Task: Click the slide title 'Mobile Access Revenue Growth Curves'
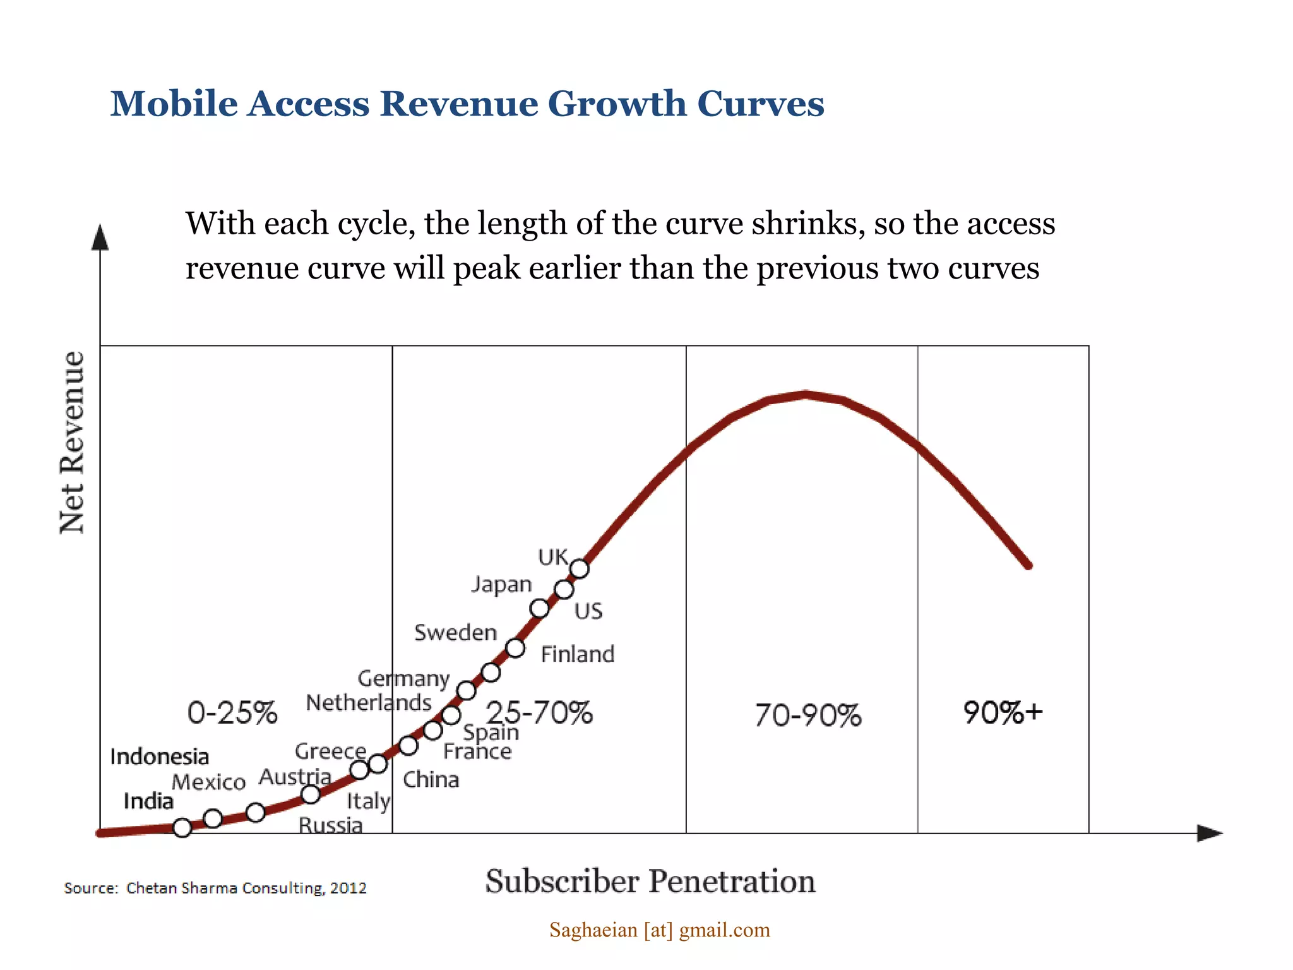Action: [467, 104]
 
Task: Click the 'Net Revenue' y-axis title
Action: [72, 442]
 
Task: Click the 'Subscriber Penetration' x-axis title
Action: [650, 881]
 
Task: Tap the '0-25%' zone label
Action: [232, 713]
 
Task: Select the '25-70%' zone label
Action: [540, 712]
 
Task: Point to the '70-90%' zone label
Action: [808, 716]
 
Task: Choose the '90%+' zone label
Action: [1003, 712]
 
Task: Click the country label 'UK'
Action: [553, 557]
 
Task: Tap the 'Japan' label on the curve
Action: [502, 584]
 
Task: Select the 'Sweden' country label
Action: [455, 632]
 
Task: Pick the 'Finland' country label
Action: [578, 654]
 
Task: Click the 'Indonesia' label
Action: [159, 757]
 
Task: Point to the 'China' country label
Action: [431, 779]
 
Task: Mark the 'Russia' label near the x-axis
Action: [330, 825]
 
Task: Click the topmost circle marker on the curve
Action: [580, 569]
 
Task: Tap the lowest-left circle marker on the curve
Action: [182, 827]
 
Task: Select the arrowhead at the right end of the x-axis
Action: [1209, 833]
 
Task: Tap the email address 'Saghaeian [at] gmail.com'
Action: [659, 930]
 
